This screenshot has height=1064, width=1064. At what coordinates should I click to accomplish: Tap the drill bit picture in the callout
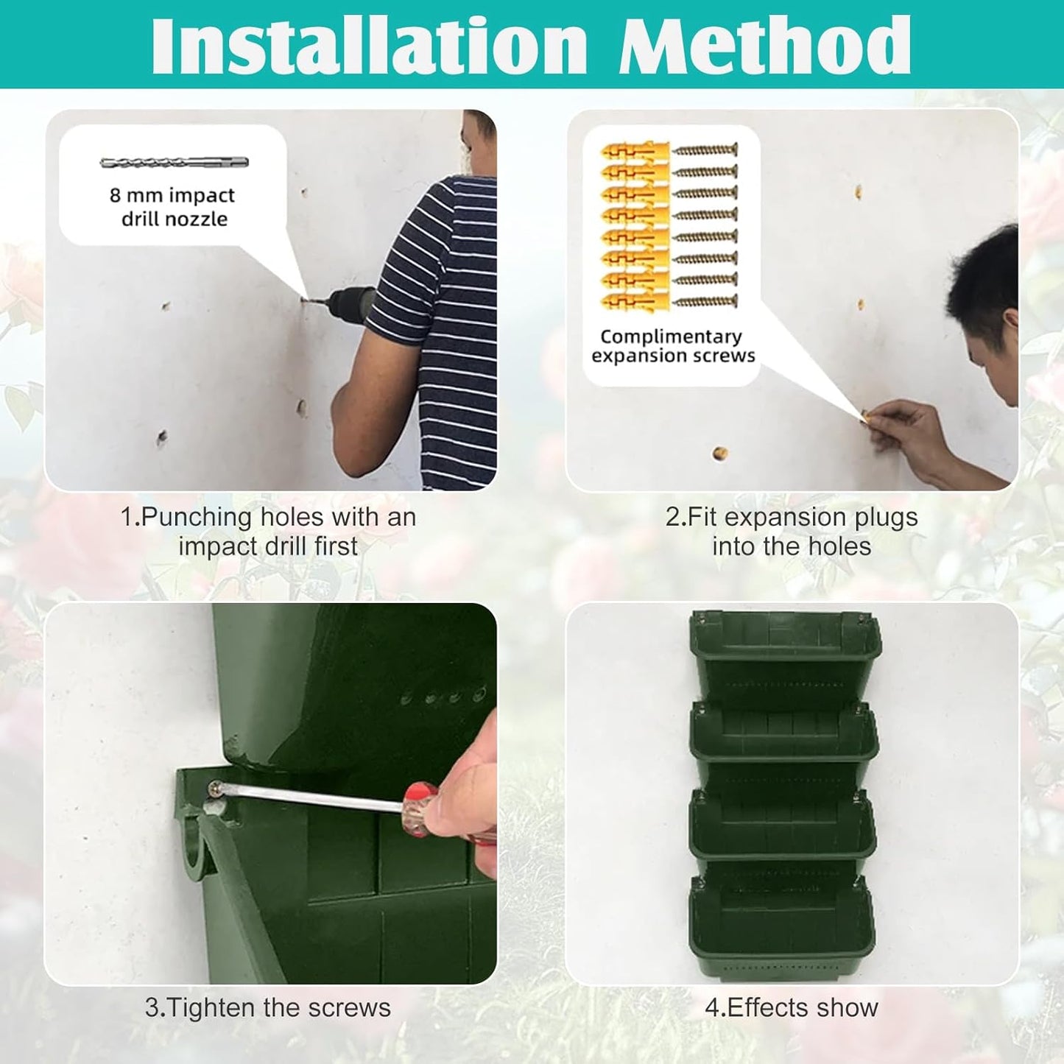(x=175, y=162)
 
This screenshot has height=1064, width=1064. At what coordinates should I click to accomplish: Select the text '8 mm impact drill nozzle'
(x=173, y=207)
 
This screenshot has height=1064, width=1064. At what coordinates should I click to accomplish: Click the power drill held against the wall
(x=346, y=301)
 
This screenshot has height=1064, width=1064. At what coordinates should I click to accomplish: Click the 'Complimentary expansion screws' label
(x=672, y=346)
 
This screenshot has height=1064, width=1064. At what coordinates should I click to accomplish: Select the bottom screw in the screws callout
(x=705, y=301)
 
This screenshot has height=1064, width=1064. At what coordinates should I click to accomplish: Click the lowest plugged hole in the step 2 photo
(x=720, y=454)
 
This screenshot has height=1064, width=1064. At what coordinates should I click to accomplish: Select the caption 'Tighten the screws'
(x=268, y=1007)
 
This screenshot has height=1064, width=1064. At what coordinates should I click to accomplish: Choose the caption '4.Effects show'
(x=792, y=1007)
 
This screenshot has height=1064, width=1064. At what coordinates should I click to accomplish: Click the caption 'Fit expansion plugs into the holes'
(x=792, y=532)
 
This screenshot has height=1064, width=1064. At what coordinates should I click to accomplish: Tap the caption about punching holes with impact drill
(x=268, y=532)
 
